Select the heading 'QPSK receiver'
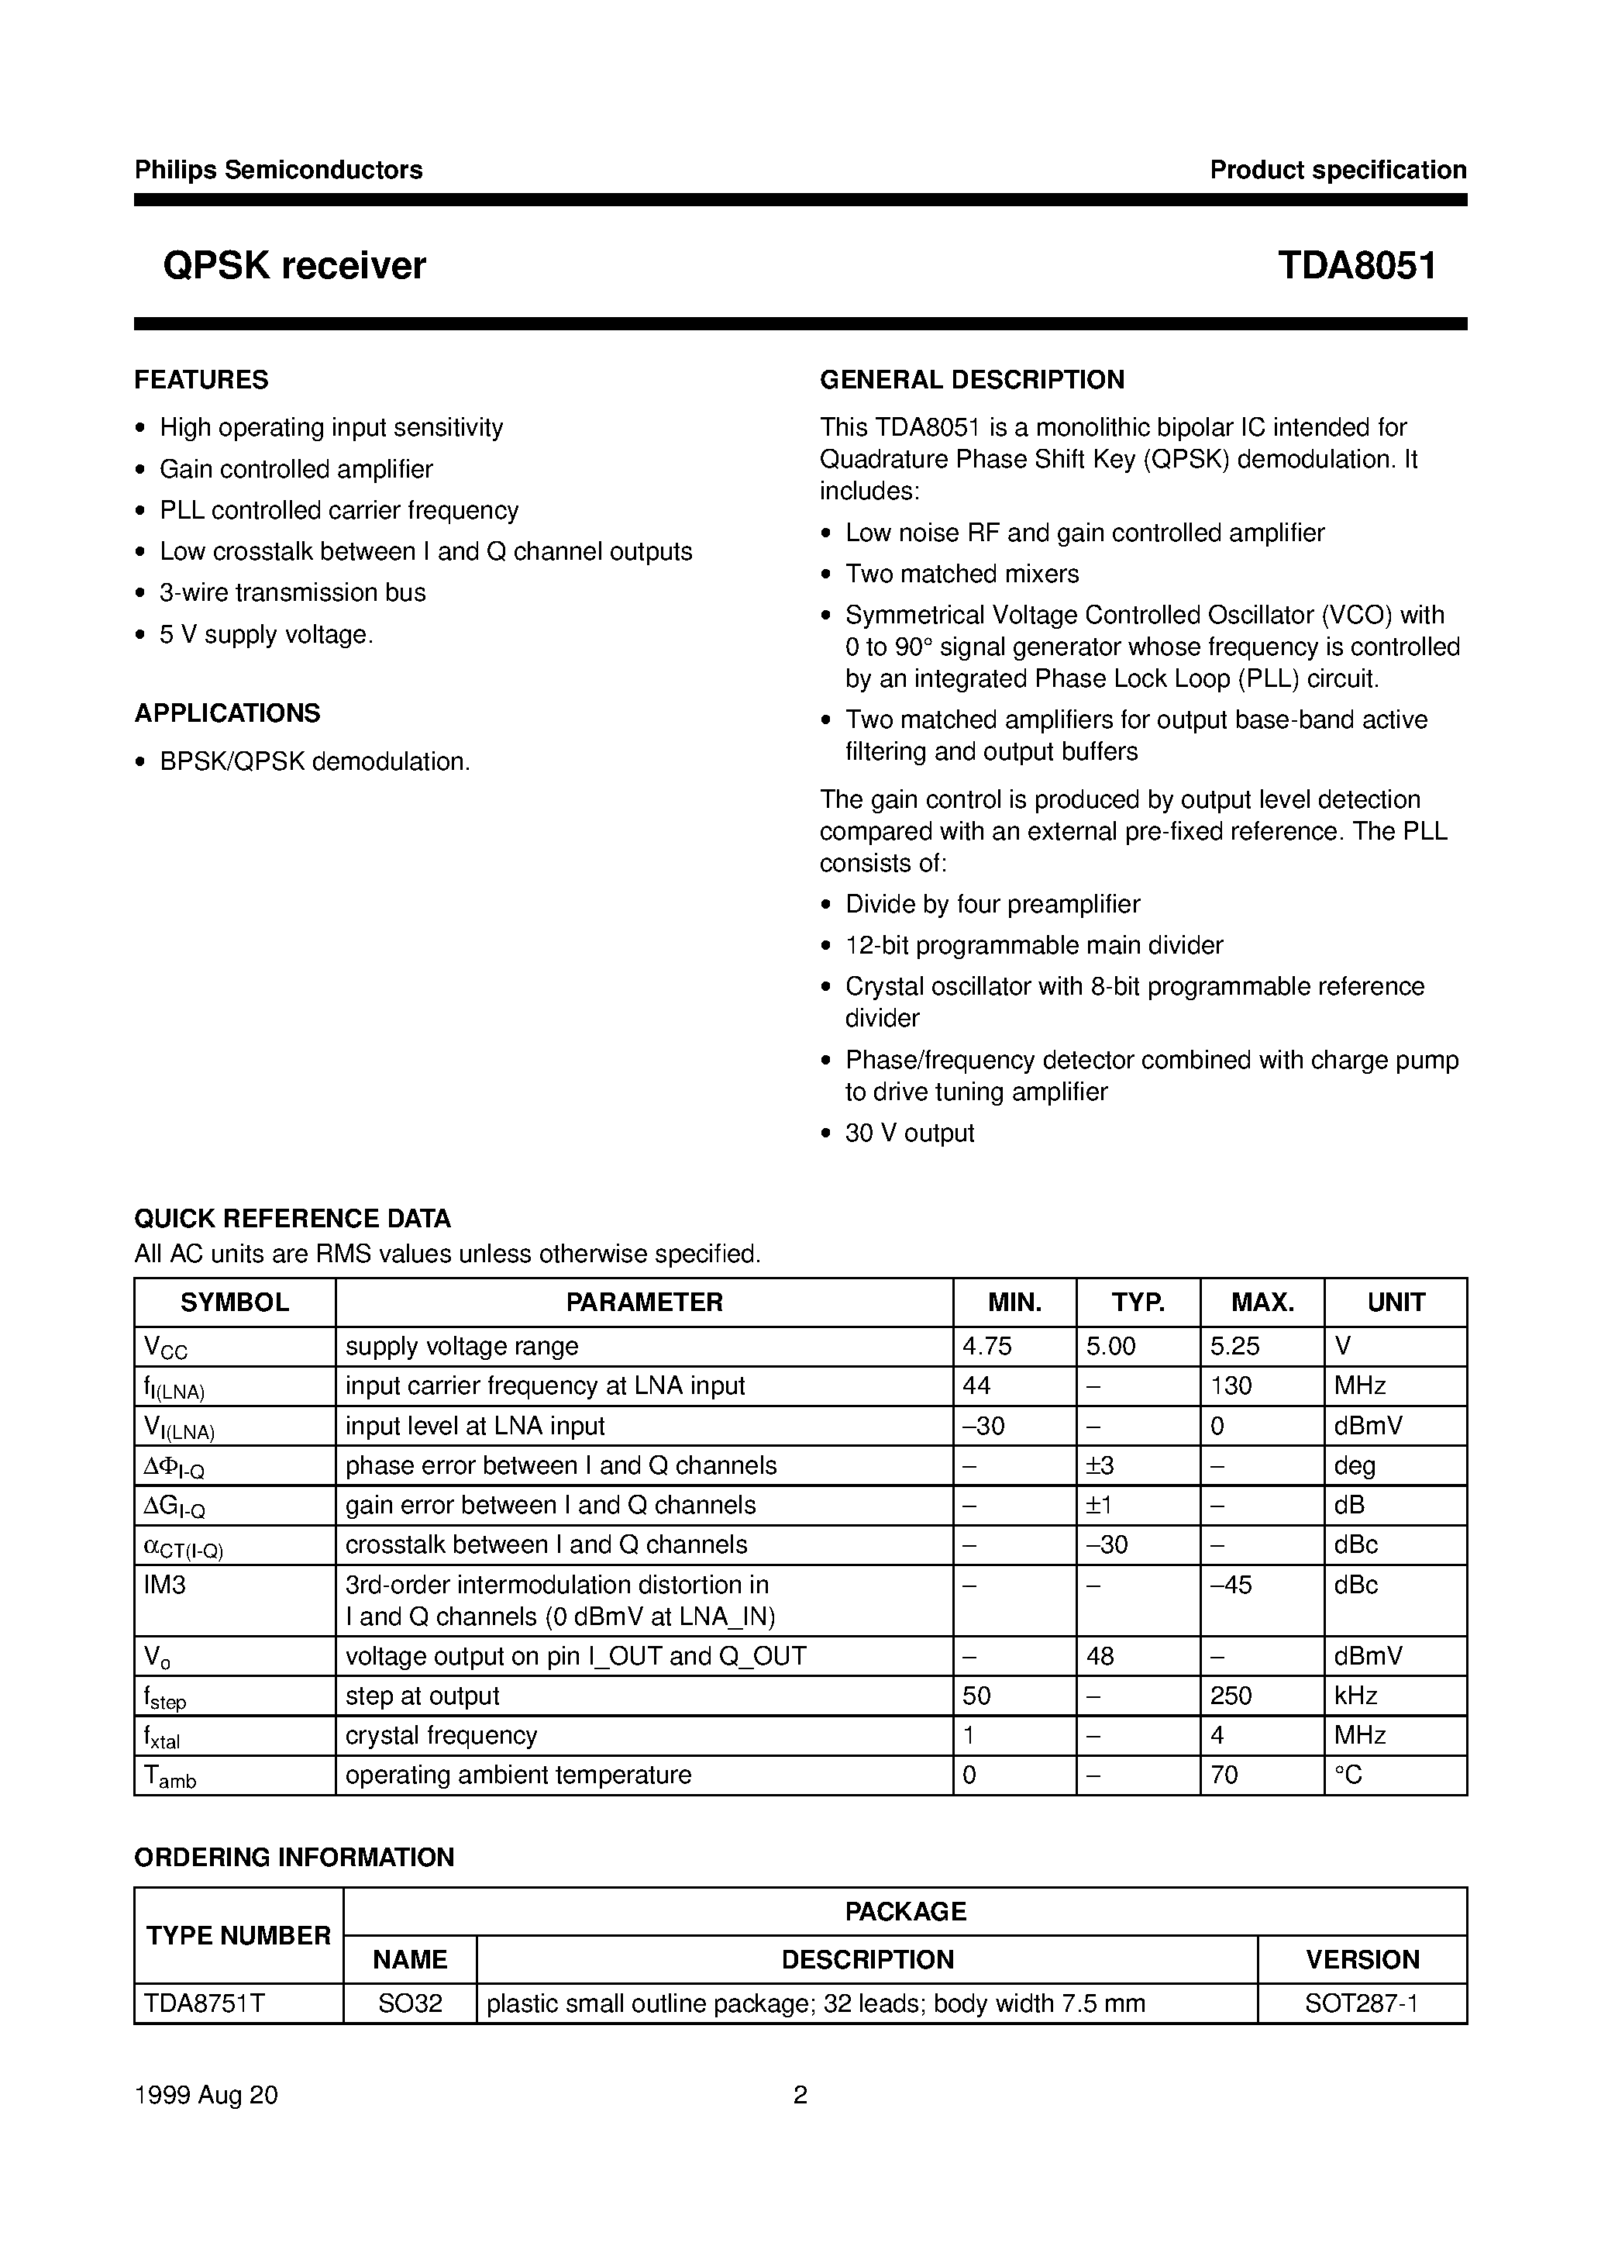point(294,267)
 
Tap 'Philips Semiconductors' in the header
point(278,171)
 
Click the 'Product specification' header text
point(1338,171)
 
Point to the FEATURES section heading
point(201,380)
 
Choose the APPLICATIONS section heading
point(227,713)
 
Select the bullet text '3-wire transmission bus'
point(292,592)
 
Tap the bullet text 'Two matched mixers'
point(962,574)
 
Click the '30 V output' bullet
point(909,1133)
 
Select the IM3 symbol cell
point(165,1585)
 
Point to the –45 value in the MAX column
point(1230,1585)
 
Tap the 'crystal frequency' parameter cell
point(441,1735)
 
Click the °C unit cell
point(1348,1775)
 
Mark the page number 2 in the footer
point(800,2094)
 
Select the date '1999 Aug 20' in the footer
point(206,2094)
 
